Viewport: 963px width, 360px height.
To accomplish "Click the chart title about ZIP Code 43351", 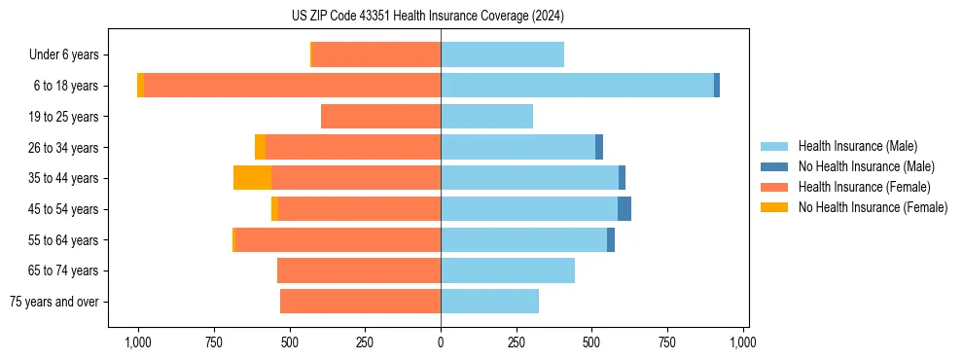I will click(441, 16).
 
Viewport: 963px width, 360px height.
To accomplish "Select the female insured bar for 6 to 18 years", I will click(292, 86).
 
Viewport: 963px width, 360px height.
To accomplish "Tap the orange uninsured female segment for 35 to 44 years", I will click(252, 178).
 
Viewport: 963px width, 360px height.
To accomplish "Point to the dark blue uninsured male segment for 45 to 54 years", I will click(624, 209).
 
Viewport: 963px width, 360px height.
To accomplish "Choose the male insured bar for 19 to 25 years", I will click(486, 117).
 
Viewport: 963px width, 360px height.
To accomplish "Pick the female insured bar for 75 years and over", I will click(360, 302).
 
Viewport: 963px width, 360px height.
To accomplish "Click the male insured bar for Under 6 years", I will click(502, 54).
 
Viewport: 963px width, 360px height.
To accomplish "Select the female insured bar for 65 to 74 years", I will click(359, 270).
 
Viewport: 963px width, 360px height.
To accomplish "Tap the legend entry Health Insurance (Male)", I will click(857, 146).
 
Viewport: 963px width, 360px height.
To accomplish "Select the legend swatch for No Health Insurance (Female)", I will click(774, 207).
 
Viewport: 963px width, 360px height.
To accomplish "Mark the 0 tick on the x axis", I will click(441, 342).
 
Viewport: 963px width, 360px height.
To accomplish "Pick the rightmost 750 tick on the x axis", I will click(667, 342).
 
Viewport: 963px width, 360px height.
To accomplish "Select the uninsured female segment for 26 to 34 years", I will click(260, 148).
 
